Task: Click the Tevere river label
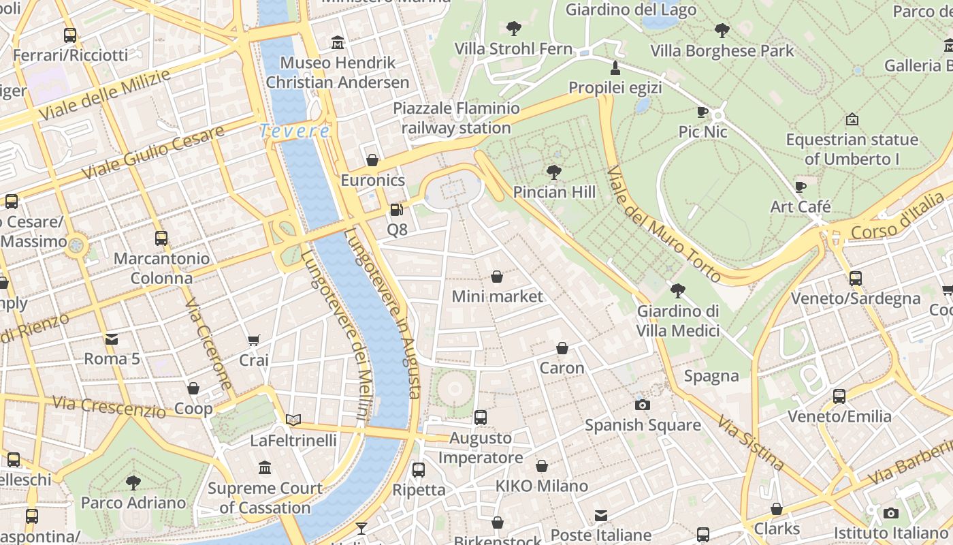point(295,131)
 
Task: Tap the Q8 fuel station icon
point(397,210)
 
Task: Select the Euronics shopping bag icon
point(372,161)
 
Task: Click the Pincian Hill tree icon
point(554,172)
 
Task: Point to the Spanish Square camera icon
point(642,405)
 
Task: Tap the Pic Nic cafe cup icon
point(702,112)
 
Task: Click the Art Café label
point(801,206)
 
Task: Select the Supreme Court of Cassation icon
point(265,468)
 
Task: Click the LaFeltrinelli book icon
point(293,420)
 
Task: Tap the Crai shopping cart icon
point(254,340)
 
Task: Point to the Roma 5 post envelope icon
point(112,339)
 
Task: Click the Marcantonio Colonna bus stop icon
point(161,238)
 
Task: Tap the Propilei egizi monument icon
point(615,67)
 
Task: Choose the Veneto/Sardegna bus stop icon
point(856,279)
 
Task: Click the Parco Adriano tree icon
point(133,483)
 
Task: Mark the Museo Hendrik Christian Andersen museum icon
point(338,43)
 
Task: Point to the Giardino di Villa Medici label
point(678,321)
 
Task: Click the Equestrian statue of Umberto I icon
point(852,120)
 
